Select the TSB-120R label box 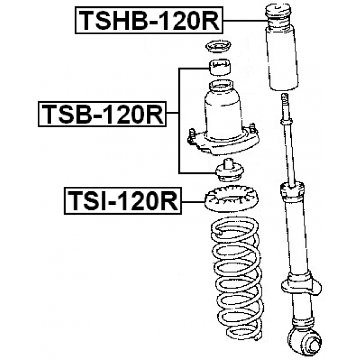coord(101,114)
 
